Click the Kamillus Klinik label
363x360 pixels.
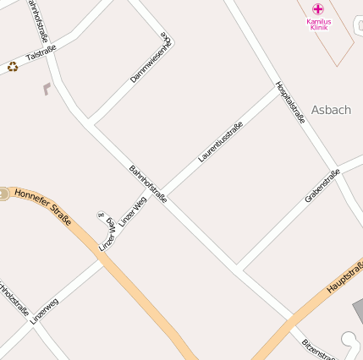click(319, 24)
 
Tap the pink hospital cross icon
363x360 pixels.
click(318, 8)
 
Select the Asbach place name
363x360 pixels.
click(331, 110)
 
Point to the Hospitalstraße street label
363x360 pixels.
click(290, 103)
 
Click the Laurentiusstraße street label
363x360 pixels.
click(220, 142)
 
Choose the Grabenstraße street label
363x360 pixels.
click(322, 187)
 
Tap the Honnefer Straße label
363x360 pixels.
click(42, 207)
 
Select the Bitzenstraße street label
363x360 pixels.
click(319, 348)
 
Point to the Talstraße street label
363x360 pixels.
click(41, 55)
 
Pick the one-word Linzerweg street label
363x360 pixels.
click(44, 308)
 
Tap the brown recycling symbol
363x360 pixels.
click(13, 66)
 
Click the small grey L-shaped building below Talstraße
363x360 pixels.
click(46, 88)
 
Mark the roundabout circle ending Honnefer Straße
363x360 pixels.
click(3, 194)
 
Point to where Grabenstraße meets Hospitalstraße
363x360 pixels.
click(337, 166)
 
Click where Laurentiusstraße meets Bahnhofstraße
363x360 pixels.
click(162, 193)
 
